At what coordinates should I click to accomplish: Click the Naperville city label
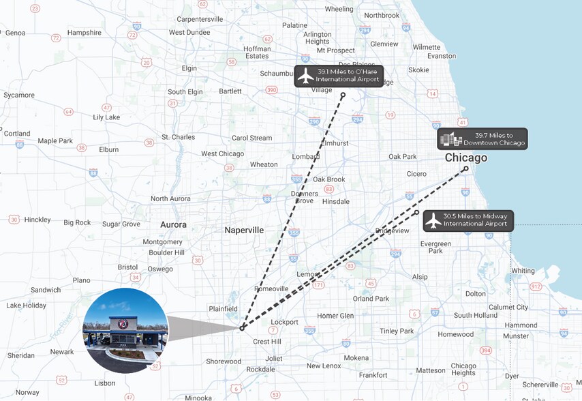click(244, 230)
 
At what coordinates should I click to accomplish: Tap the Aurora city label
click(173, 224)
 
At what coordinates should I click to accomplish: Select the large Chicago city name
click(466, 158)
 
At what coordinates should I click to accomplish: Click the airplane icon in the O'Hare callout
click(305, 75)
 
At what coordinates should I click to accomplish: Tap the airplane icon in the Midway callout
click(433, 220)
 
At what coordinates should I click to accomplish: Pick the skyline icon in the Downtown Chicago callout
click(451, 139)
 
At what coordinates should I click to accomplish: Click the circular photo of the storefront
click(125, 330)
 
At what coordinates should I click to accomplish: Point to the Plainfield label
click(223, 308)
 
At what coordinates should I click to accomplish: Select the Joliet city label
click(274, 358)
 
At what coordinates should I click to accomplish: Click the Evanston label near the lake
click(442, 56)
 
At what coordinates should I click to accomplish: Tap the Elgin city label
click(189, 68)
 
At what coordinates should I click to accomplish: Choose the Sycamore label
click(19, 95)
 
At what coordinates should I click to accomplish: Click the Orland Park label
click(371, 299)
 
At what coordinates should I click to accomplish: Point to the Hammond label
click(521, 325)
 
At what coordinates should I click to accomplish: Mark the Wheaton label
click(264, 164)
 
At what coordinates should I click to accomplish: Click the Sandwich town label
click(46, 290)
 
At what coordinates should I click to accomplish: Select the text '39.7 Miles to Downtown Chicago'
click(494, 139)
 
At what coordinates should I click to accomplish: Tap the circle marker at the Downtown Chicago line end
click(466, 168)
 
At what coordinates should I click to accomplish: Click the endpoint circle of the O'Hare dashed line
click(343, 95)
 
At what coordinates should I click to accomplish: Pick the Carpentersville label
click(200, 19)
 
